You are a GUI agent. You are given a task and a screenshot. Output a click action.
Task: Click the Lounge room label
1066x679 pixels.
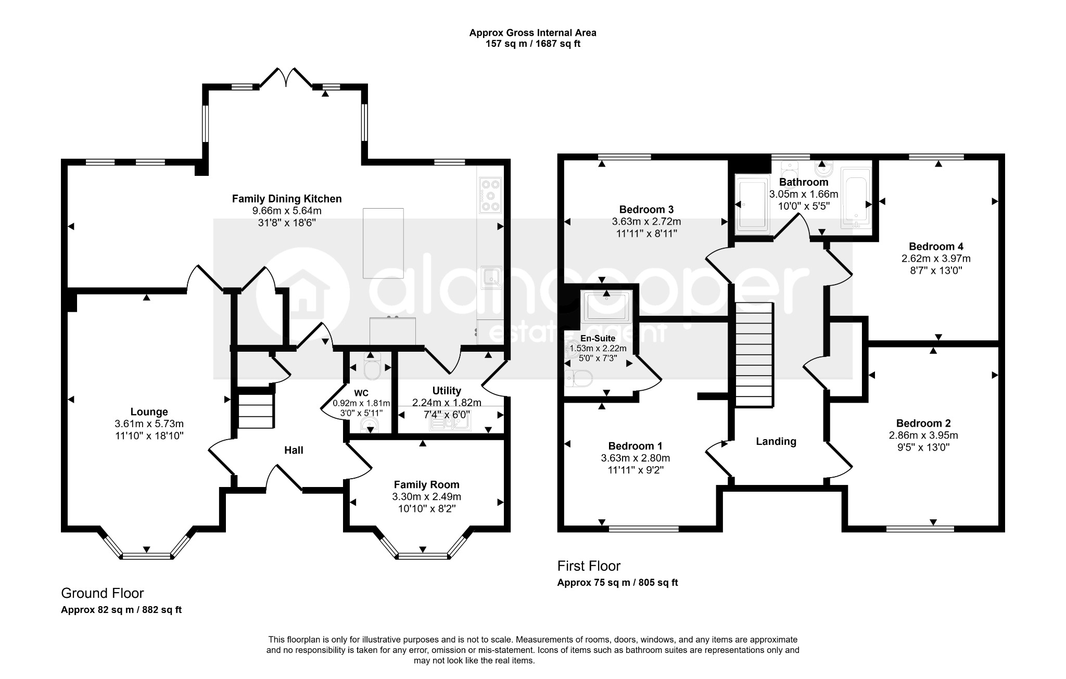point(149,412)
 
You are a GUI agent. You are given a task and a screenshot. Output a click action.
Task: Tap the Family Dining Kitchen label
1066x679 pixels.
point(287,199)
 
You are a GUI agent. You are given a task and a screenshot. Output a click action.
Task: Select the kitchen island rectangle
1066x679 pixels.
point(383,243)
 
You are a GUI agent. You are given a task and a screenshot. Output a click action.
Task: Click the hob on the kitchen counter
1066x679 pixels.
point(490,195)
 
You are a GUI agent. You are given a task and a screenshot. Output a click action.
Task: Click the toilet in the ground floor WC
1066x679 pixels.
point(371,367)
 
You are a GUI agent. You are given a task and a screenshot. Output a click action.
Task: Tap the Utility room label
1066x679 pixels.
point(447,391)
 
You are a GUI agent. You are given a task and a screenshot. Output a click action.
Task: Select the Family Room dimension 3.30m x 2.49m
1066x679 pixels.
point(426,497)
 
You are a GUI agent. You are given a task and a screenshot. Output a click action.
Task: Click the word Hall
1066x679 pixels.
point(294,451)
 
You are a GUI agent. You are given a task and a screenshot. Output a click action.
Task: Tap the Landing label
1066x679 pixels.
point(776,442)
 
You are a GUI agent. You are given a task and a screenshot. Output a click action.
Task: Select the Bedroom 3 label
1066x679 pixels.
point(646,210)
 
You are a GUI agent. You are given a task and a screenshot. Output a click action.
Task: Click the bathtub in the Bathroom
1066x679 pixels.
point(856,198)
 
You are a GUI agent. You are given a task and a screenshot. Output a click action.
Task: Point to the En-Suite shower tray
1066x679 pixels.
point(607,306)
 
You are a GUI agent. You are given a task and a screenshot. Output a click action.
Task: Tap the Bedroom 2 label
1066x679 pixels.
point(923,424)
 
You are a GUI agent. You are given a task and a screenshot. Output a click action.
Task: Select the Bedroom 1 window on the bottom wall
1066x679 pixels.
point(643,529)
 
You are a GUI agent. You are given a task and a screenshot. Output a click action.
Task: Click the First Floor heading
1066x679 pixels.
point(589,566)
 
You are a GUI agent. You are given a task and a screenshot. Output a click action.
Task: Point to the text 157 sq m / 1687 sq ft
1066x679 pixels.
point(533,44)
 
